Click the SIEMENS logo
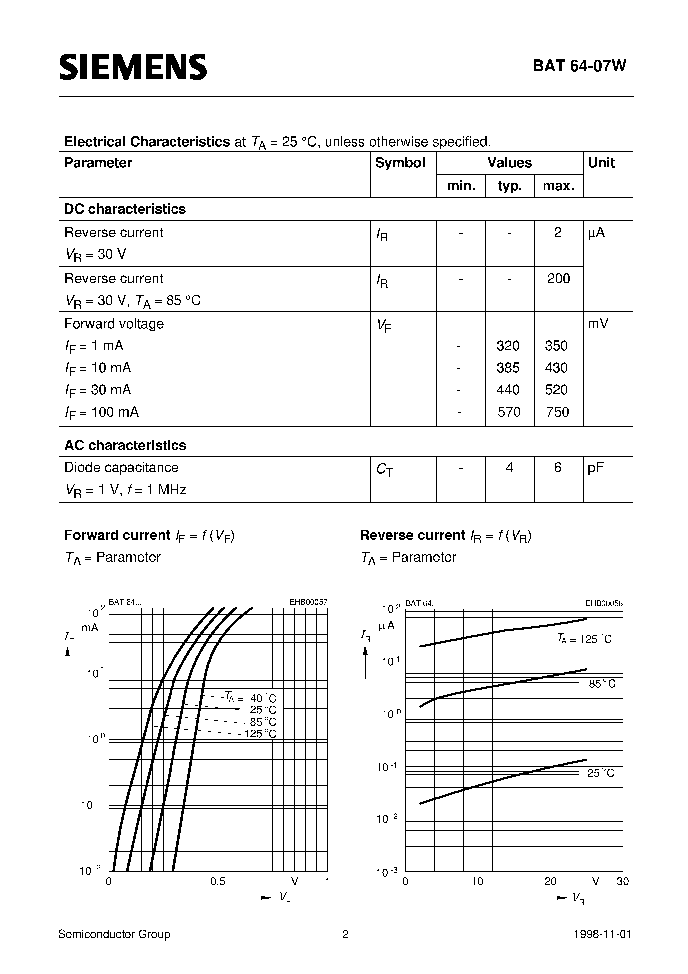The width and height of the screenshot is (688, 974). click(133, 67)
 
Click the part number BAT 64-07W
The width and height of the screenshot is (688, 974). click(579, 66)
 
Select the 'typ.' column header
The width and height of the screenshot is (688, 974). click(510, 186)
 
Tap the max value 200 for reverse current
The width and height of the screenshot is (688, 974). click(558, 279)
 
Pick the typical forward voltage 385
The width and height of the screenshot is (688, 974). click(508, 368)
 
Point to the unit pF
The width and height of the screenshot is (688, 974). click(595, 467)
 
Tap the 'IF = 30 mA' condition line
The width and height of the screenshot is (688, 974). click(98, 390)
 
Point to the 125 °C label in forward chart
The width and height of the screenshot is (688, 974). click(260, 734)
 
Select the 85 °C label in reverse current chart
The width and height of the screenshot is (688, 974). click(602, 684)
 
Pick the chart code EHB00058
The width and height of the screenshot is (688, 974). click(604, 603)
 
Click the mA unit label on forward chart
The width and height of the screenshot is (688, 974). click(90, 628)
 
